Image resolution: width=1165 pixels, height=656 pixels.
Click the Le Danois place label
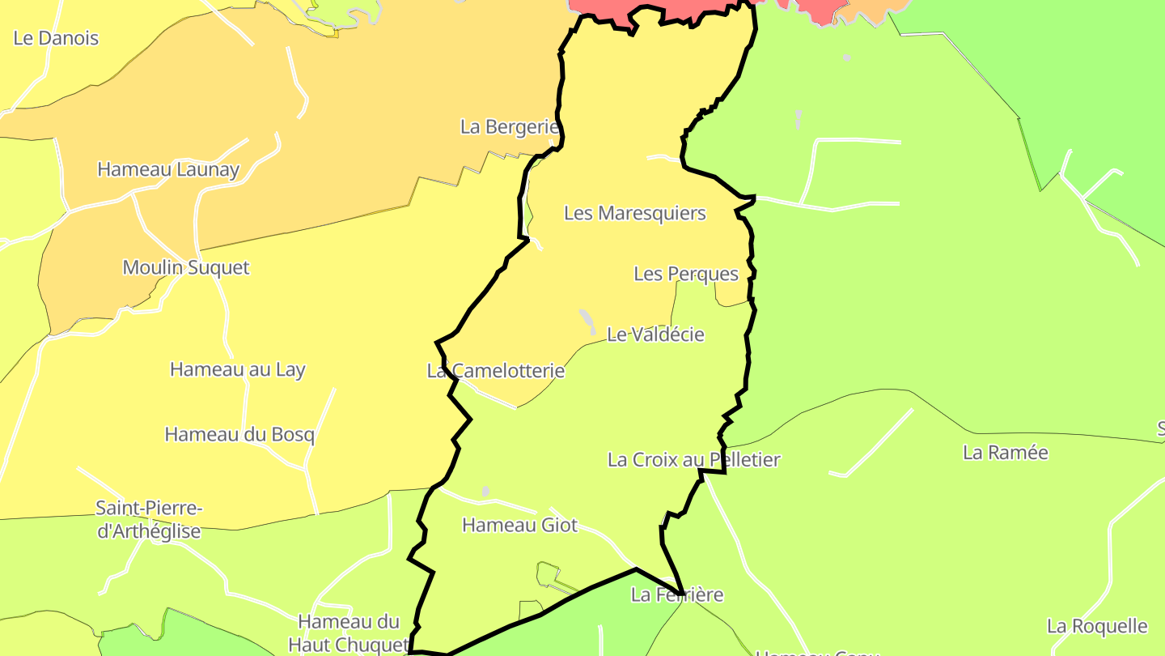(x=56, y=38)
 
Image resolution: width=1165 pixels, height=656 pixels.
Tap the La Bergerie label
(x=510, y=127)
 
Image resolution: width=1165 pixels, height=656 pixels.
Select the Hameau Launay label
(x=168, y=170)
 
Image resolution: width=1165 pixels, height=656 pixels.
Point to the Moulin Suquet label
(x=186, y=267)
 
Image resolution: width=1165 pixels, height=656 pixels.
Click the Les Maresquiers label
(x=635, y=214)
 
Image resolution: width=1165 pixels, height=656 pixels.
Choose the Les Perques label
(x=686, y=275)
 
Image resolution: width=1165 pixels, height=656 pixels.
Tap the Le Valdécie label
(x=655, y=334)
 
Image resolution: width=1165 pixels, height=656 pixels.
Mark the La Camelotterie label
(x=496, y=371)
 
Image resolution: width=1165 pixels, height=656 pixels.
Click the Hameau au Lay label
(x=237, y=370)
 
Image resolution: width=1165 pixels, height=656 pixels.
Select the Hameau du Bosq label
(x=239, y=435)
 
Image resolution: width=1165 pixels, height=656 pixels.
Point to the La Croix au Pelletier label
(x=694, y=460)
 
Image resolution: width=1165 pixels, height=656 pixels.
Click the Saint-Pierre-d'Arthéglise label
(x=149, y=520)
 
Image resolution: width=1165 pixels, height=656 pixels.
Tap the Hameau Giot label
(x=520, y=526)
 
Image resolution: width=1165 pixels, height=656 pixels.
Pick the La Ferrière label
(x=677, y=595)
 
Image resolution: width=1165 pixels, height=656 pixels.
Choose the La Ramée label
(x=1006, y=453)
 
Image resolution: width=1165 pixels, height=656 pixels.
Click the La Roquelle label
(x=1097, y=626)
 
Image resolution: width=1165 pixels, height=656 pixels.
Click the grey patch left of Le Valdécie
(x=587, y=318)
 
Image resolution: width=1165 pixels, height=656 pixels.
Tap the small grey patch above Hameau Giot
(x=485, y=492)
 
